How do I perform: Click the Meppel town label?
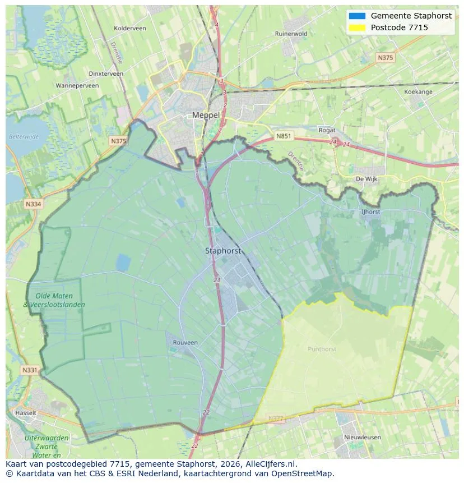coord(206,115)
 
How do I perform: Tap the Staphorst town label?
coord(222,251)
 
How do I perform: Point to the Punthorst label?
coord(322,349)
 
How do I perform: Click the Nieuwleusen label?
coord(362,437)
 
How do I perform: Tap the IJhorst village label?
coord(370,212)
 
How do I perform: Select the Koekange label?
coord(418,91)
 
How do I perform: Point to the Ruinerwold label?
coord(291,34)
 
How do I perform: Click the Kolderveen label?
coord(129,28)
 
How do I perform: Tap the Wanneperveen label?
coord(77,86)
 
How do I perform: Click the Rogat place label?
coord(327,130)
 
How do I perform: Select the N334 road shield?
coord(33,204)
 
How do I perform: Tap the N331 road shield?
coord(30,370)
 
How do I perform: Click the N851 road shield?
coord(284,136)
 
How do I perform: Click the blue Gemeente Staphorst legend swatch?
coord(356,16)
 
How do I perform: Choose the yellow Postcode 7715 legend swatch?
coord(356,27)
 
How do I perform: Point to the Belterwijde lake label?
coord(24,136)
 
